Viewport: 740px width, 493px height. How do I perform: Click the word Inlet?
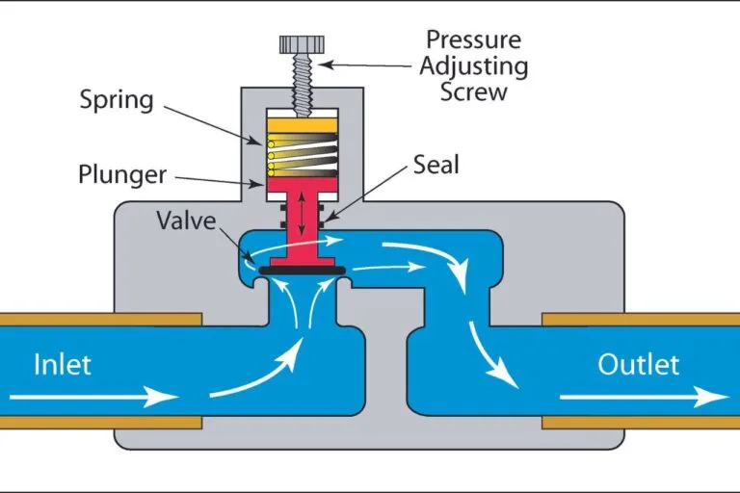(x=63, y=365)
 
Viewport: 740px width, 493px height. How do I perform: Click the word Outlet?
(x=638, y=365)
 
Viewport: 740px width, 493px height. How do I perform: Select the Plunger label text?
(x=122, y=175)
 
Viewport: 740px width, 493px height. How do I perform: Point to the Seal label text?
(x=436, y=165)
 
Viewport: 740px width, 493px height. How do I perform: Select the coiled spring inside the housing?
(x=301, y=152)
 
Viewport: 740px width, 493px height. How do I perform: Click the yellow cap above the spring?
(x=301, y=124)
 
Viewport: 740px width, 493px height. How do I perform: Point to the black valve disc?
(x=301, y=271)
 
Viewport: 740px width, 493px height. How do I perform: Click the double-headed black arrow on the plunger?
(x=301, y=212)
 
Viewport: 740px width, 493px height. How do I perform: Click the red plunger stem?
(x=301, y=231)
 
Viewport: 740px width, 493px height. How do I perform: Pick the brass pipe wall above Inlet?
(x=96, y=319)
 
